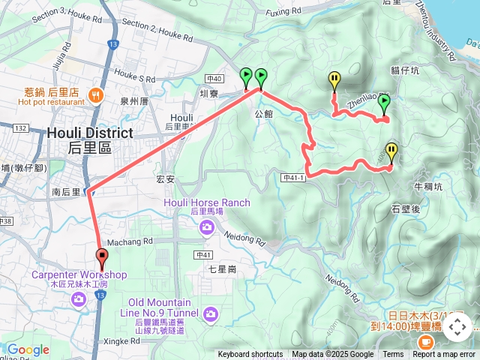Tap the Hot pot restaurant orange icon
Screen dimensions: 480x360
(95, 94)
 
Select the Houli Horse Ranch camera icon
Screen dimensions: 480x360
(206, 226)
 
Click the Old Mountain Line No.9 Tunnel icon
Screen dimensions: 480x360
(211, 313)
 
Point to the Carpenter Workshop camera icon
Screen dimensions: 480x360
(79, 299)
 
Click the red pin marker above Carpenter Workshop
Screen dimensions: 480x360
(101, 256)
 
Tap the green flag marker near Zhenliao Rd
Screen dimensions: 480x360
(384, 103)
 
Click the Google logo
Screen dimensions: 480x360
(28, 349)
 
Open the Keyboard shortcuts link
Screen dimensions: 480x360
(250, 355)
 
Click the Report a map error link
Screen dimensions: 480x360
(444, 355)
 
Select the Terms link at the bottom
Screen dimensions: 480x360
(393, 355)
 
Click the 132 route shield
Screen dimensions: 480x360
(19, 129)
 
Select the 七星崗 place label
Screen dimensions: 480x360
(222, 268)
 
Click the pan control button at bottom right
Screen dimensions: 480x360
(457, 327)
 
